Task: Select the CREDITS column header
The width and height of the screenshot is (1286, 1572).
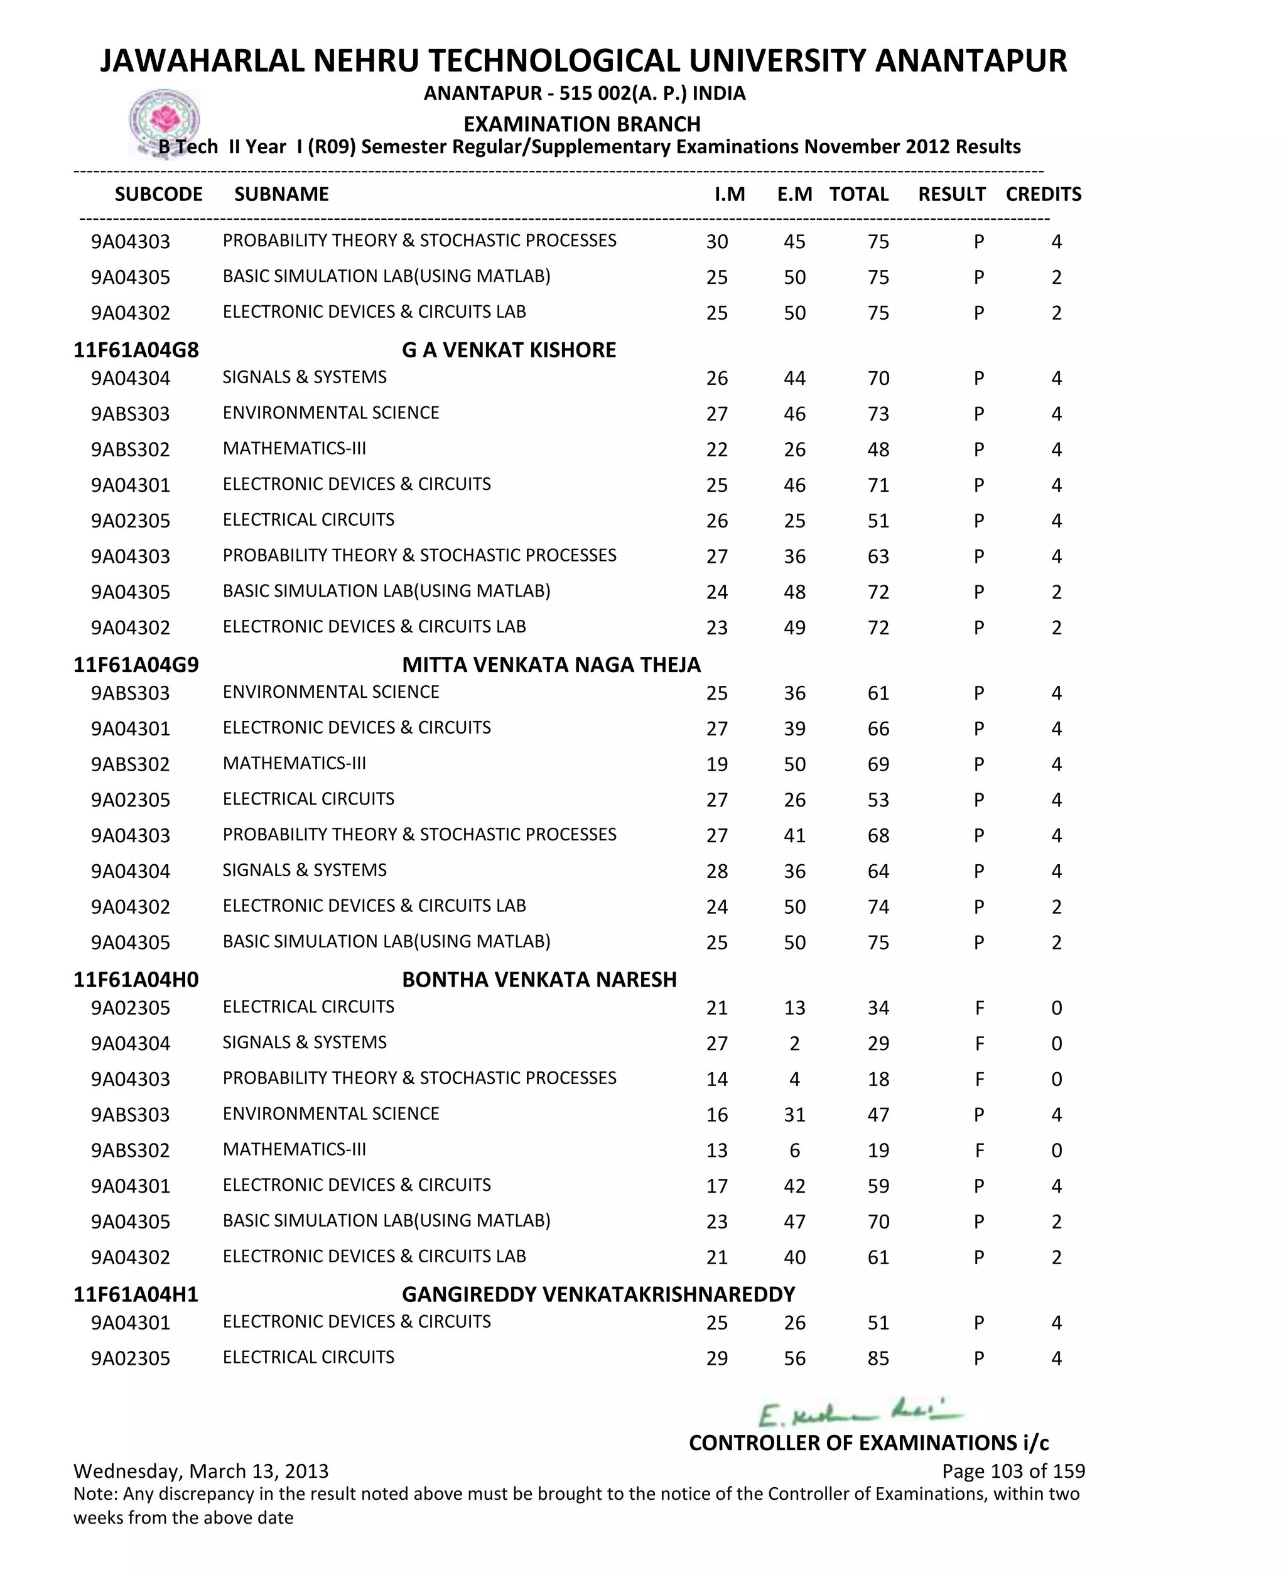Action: [1043, 194]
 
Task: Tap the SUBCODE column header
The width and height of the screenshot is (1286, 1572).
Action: [158, 194]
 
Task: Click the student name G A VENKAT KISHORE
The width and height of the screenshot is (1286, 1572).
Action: [509, 350]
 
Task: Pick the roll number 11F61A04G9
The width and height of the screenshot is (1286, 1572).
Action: [136, 664]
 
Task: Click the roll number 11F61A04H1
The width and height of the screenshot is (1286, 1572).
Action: [136, 1294]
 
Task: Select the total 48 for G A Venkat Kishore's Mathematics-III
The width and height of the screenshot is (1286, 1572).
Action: [878, 450]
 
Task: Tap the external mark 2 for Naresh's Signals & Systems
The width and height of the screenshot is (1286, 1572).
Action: [794, 1044]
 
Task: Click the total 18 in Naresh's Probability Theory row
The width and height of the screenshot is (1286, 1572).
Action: [878, 1080]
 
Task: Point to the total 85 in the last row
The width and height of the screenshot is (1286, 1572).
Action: [878, 1358]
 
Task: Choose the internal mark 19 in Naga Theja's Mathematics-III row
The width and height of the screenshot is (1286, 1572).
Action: [716, 764]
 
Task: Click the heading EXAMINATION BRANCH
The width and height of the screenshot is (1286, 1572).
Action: [581, 124]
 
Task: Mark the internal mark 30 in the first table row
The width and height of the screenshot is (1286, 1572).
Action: [716, 242]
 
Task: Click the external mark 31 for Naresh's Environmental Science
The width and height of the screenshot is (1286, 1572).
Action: [794, 1115]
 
